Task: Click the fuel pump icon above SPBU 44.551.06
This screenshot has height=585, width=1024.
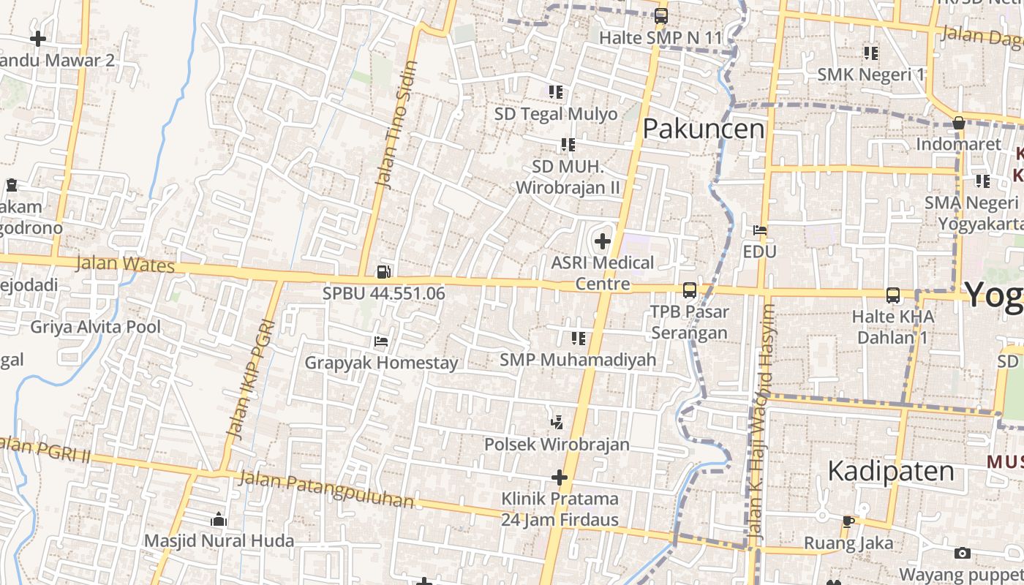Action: click(383, 272)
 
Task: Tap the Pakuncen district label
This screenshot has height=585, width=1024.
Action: click(704, 129)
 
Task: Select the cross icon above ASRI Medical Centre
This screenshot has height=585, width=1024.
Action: click(603, 241)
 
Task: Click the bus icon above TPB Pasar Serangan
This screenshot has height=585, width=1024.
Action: click(689, 290)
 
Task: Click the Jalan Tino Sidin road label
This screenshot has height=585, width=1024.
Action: click(396, 124)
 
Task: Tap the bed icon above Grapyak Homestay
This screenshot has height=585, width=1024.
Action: click(380, 341)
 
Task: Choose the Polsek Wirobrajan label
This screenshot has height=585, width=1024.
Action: click(557, 444)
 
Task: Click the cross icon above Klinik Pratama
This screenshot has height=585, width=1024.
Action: click(560, 478)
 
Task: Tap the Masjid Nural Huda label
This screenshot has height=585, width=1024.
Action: click(219, 541)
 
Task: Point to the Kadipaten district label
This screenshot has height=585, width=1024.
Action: click(891, 471)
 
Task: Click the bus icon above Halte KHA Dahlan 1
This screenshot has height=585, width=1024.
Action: click(893, 295)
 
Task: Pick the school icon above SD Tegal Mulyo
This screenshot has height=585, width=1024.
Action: click(556, 92)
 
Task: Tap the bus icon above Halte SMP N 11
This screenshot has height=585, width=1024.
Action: click(661, 15)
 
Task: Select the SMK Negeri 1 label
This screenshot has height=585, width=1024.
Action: click(870, 74)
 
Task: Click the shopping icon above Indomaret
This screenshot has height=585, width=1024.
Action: click(958, 123)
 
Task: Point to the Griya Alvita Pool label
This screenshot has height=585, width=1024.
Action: click(95, 326)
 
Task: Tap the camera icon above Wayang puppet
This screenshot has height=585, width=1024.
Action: click(963, 553)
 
